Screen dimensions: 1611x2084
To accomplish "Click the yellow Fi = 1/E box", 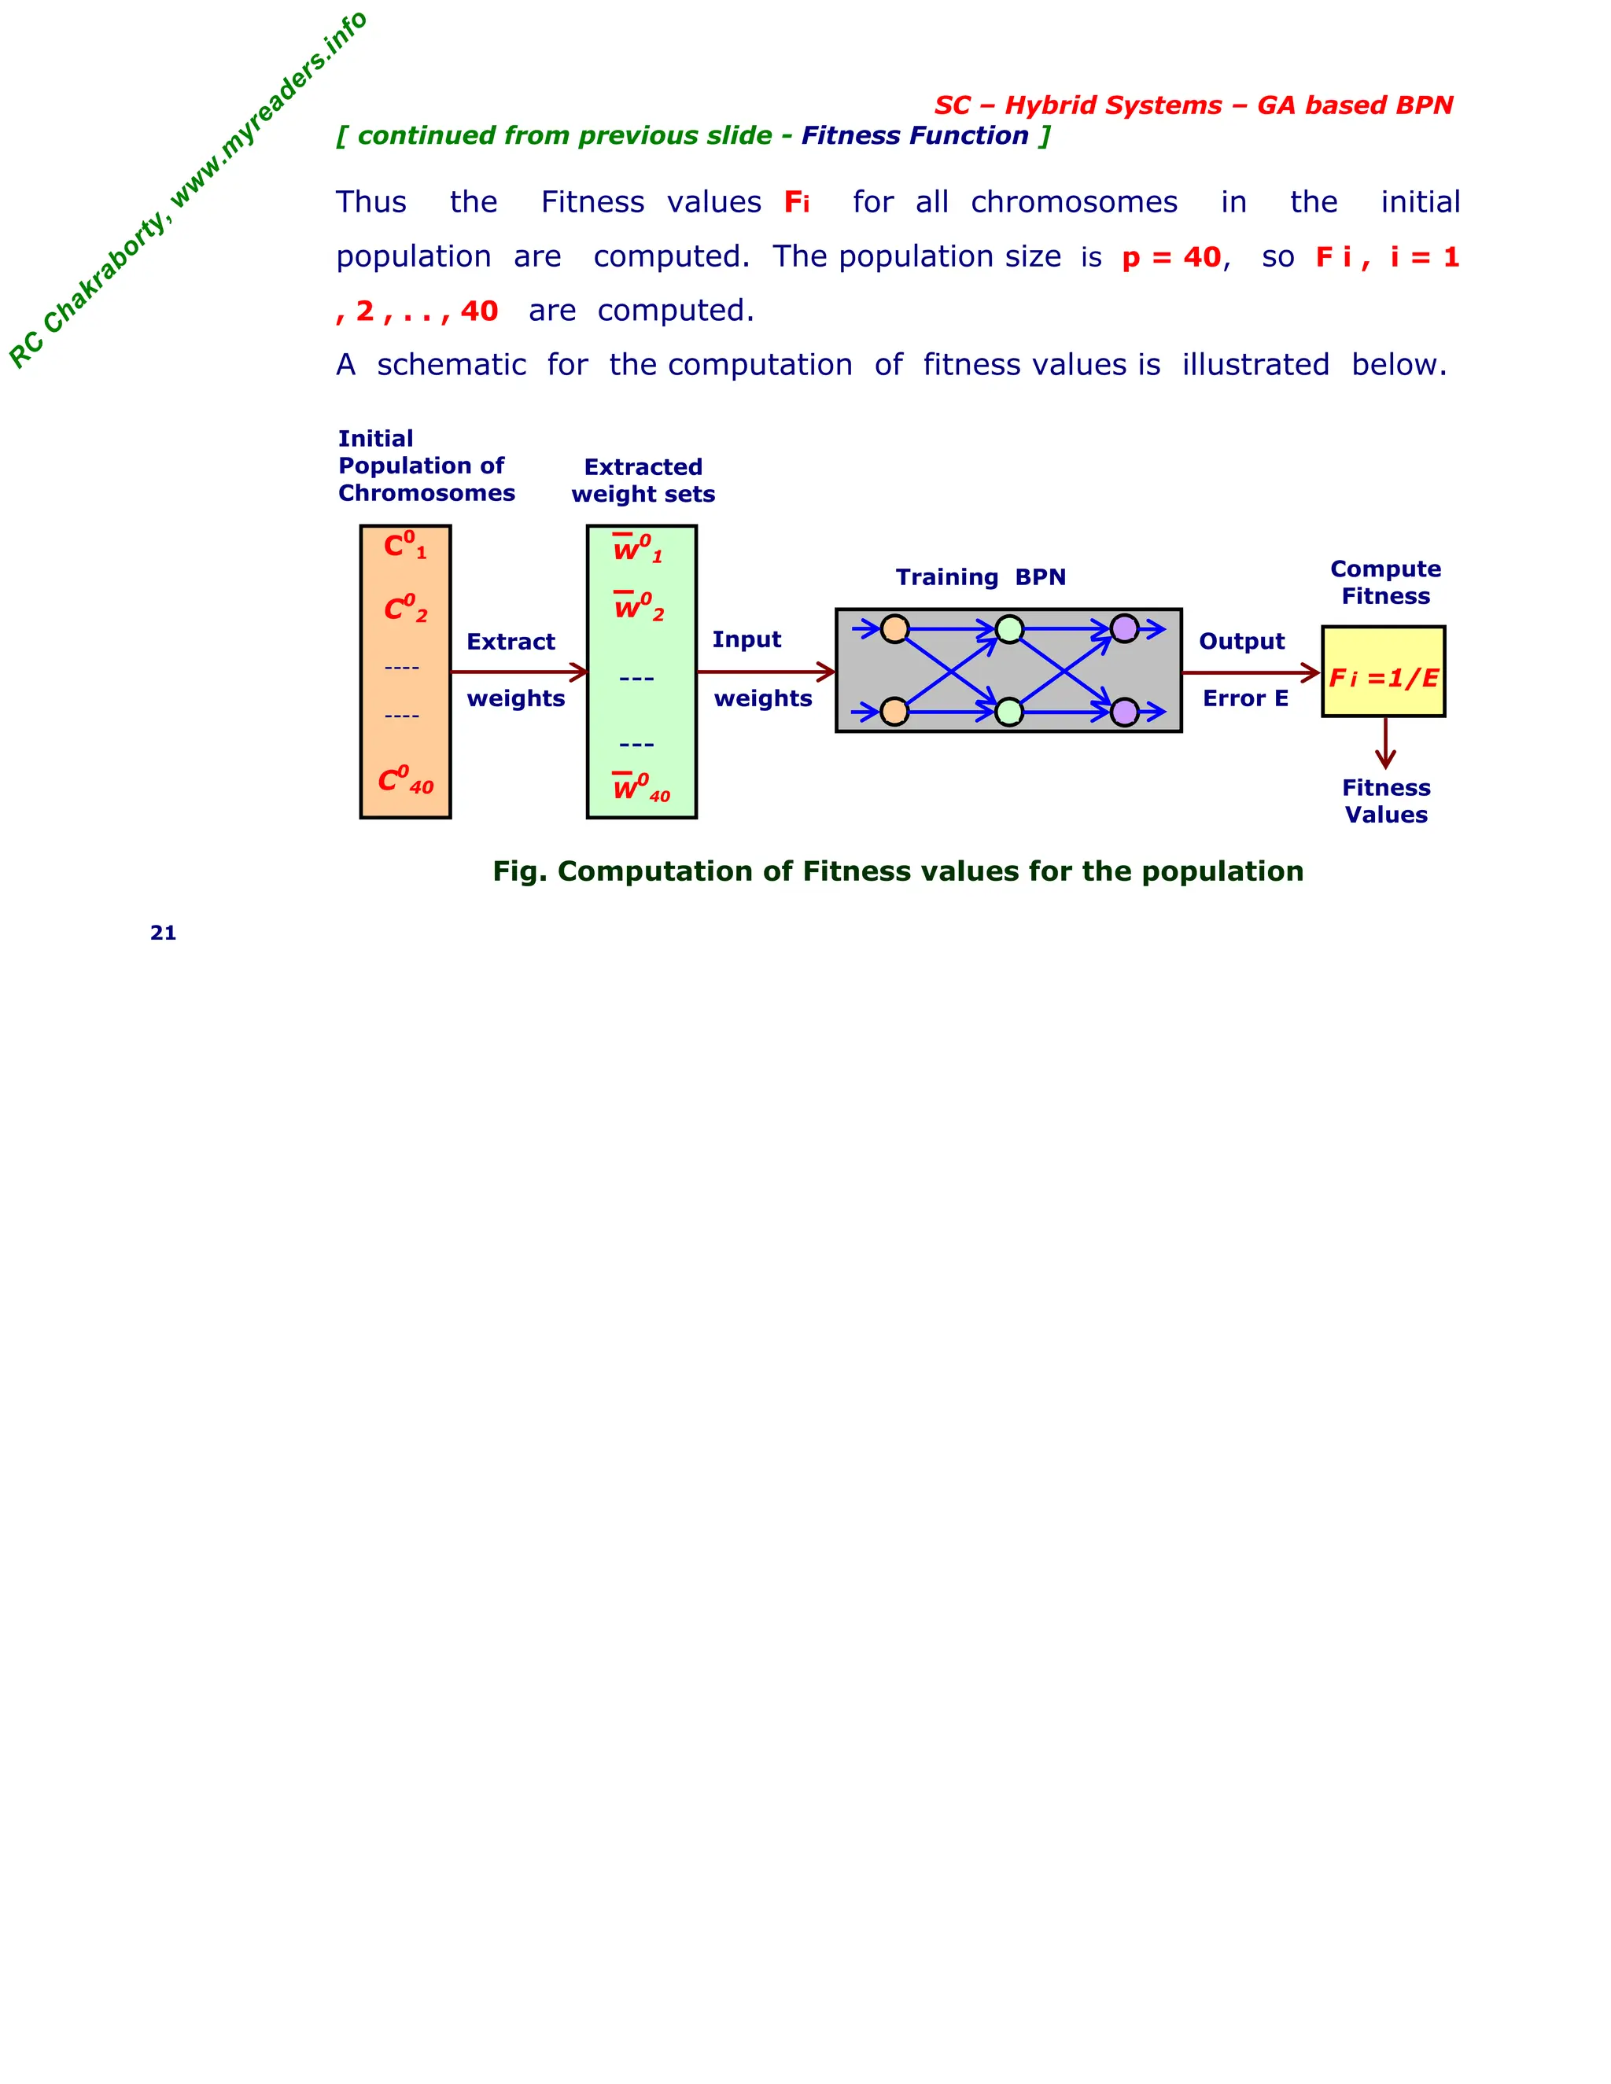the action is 1383,672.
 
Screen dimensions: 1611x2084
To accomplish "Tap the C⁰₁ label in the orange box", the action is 404,546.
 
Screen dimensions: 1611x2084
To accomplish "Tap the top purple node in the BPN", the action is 1124,629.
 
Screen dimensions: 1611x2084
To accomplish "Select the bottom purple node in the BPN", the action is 1124,712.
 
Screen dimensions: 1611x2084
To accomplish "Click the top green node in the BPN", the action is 1008,629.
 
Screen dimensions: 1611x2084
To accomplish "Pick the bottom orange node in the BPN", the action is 894,712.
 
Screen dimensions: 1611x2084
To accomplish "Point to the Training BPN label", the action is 980,577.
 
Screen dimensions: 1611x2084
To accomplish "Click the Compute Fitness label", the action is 1384,582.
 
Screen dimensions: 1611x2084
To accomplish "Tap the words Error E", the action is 1244,698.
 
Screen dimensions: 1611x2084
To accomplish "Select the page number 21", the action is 163,933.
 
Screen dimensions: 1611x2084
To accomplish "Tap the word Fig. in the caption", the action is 519,871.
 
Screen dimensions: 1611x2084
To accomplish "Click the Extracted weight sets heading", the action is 643,480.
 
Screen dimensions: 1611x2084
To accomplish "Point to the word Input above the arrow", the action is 747,639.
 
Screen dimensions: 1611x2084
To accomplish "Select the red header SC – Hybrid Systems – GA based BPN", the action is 1193,105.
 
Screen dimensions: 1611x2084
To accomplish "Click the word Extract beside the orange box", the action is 511,641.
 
